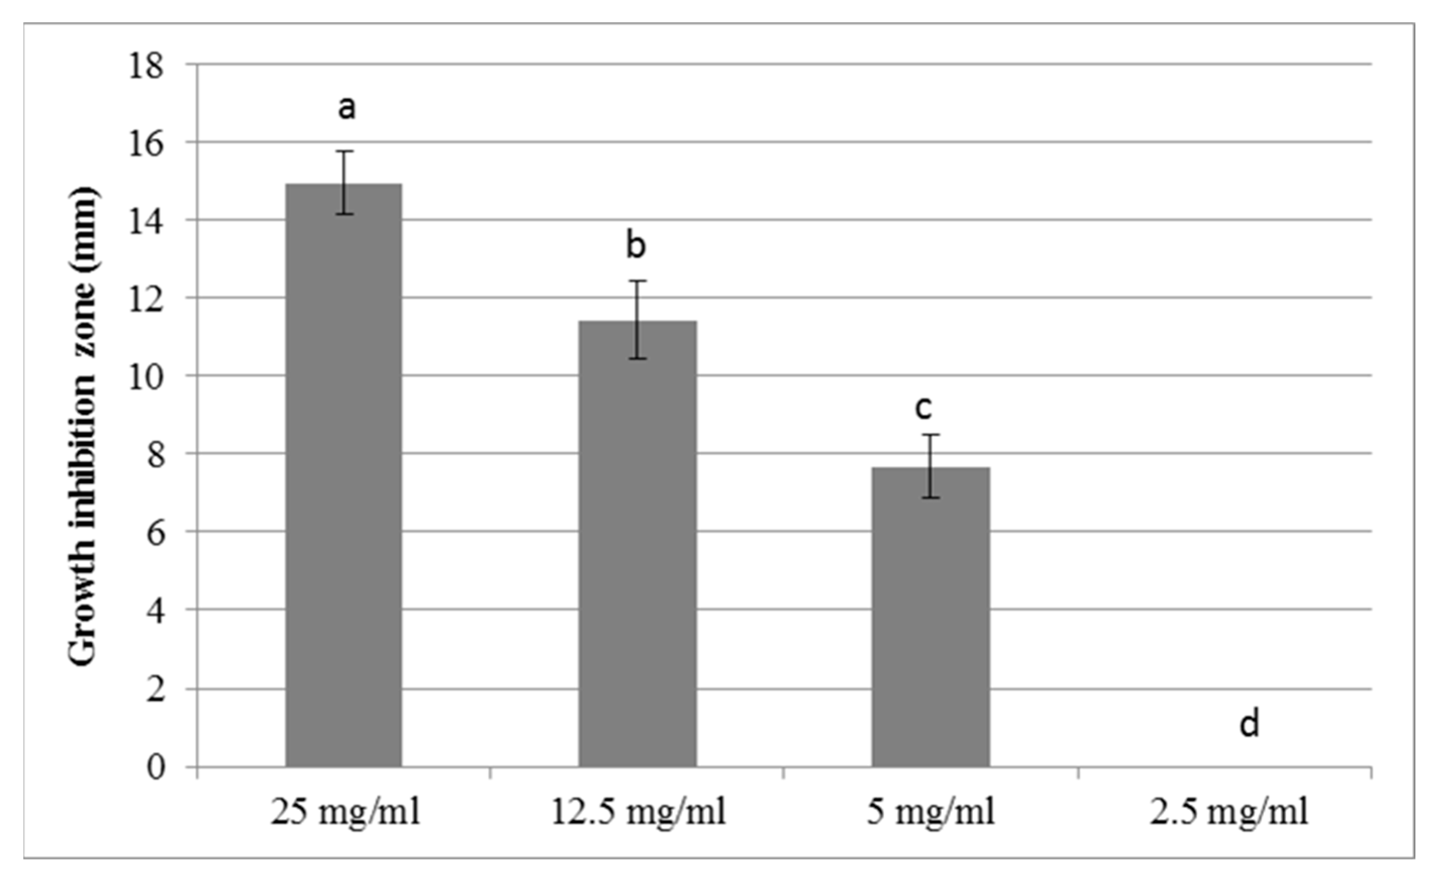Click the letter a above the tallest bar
point(346,108)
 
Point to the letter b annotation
point(636,245)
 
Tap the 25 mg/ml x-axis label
point(346,812)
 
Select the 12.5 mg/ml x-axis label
point(638,812)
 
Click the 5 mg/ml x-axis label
point(931,812)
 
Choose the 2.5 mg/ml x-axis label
point(1229,812)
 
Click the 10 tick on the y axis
point(146,378)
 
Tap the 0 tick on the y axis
point(156,768)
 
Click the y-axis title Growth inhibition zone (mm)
point(82,426)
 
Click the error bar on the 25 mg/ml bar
point(345,182)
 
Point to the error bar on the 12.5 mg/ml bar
point(638,320)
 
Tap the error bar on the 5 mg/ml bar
point(931,466)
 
